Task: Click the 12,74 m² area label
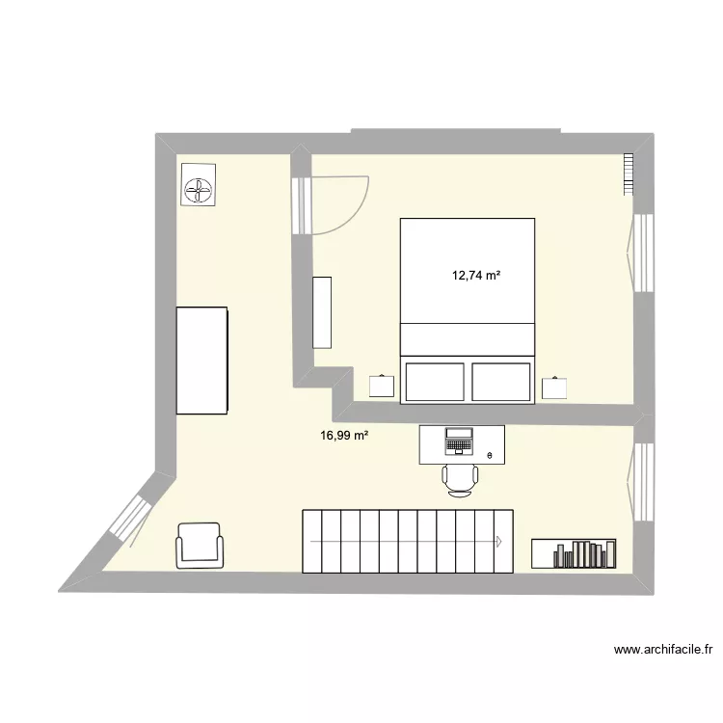[x=476, y=276]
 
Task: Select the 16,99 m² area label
[x=344, y=436]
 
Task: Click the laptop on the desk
[x=458, y=442]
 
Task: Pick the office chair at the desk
[x=460, y=477]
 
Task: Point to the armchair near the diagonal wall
[x=199, y=546]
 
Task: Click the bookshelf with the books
[x=574, y=552]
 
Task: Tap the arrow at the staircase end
[x=499, y=541]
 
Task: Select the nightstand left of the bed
[x=382, y=386]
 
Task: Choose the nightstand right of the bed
[x=555, y=387]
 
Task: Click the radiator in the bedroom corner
[x=628, y=174]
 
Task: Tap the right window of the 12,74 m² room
[x=639, y=253]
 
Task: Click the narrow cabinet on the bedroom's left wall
[x=322, y=311]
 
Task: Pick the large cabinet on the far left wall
[x=201, y=361]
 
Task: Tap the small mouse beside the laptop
[x=489, y=455]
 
